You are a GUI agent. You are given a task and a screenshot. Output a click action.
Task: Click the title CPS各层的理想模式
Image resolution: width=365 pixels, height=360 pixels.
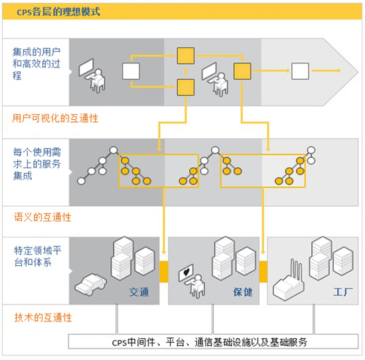pos(58,11)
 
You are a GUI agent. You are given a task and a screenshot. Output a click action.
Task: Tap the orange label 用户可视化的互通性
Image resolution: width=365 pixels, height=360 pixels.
pos(55,119)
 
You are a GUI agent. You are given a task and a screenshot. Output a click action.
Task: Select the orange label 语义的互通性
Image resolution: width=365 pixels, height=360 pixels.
pos(42,217)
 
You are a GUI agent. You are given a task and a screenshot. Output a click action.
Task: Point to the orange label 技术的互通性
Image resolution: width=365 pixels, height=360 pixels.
pos(43,318)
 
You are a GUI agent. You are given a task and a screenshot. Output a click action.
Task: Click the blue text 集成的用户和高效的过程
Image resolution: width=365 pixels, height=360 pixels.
pos(36,64)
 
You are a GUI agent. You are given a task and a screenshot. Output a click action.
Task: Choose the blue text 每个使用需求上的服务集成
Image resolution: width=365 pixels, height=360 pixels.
pos(37,164)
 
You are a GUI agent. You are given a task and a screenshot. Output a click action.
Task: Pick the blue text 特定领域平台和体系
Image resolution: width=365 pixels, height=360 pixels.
pos(37,257)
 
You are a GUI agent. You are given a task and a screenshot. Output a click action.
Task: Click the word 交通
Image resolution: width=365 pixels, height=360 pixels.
pos(139,292)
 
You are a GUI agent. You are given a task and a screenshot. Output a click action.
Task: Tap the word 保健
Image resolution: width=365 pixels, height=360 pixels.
pos(243,292)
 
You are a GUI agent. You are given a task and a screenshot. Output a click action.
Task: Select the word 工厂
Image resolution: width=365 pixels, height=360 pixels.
pos(343,292)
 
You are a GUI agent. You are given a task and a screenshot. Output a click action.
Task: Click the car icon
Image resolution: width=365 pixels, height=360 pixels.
pos(90,284)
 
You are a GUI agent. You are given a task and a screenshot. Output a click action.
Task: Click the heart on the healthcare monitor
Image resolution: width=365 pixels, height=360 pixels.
pos(186,271)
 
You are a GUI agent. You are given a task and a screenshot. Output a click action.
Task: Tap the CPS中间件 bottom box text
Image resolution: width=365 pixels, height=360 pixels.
pos(210,342)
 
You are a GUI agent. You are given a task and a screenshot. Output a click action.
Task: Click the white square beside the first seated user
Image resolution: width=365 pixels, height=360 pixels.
pos(131,71)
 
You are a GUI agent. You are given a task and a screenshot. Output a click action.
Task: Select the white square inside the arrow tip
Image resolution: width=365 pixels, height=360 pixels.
pos(300,71)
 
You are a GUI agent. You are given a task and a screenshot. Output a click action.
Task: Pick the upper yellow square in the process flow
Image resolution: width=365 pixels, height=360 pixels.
pos(186,56)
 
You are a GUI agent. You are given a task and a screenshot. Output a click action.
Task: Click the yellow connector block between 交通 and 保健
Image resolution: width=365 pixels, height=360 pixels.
pos(164,271)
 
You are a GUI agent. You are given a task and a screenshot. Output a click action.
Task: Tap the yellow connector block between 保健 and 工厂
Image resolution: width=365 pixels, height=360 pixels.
pos(263,271)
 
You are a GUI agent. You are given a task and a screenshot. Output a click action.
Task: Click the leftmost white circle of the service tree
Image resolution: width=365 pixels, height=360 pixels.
pos(81,181)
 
